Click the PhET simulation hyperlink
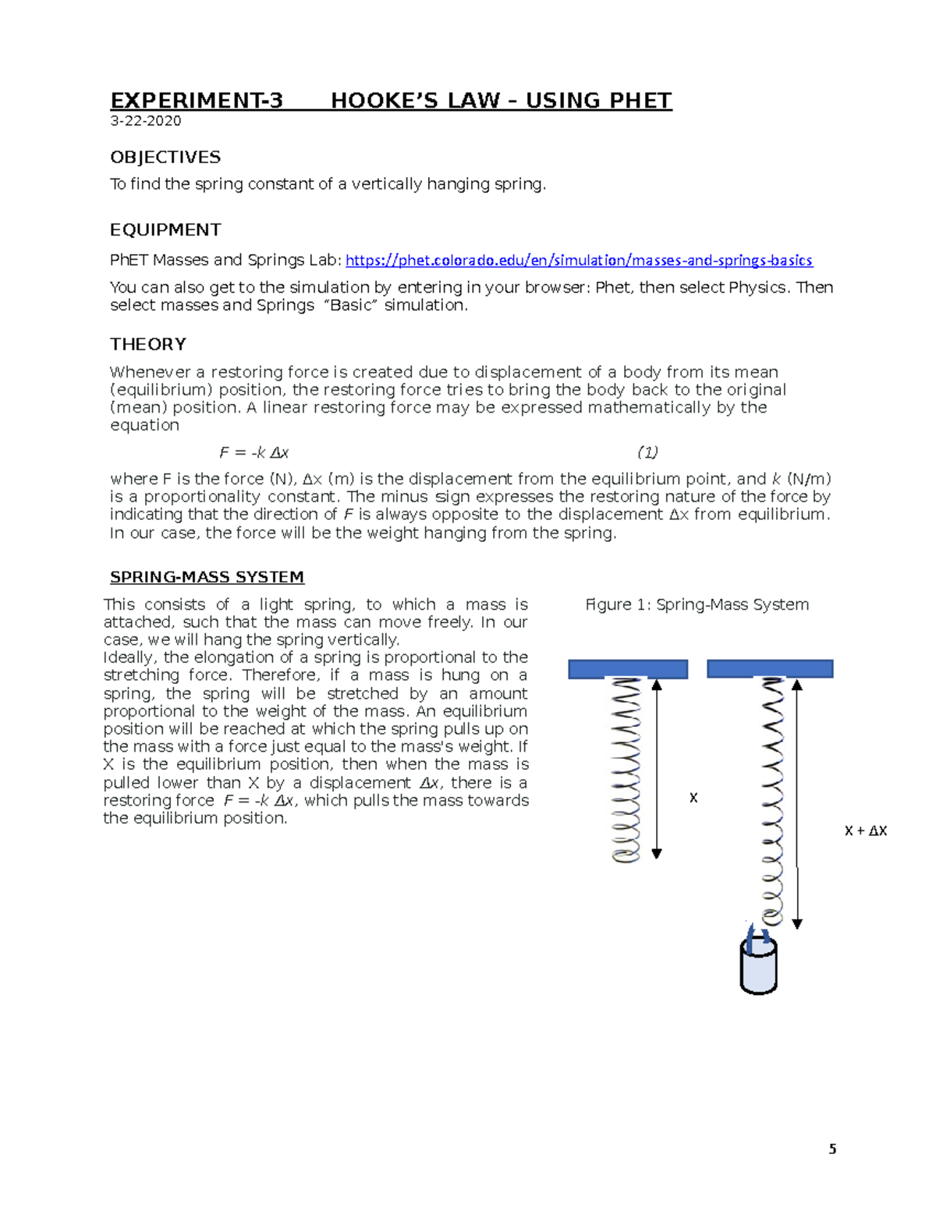579,260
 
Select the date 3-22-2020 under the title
146,121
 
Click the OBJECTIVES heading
165,158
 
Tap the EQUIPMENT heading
165,230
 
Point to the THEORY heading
148,345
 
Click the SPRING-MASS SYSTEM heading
207,577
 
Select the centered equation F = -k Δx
254,452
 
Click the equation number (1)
647,452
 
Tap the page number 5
832,1149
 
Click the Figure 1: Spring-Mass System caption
697,604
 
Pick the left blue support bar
628,669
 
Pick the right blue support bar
770,669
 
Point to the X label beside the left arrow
693,798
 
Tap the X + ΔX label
866,831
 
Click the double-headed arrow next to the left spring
657,769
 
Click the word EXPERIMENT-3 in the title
197,101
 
